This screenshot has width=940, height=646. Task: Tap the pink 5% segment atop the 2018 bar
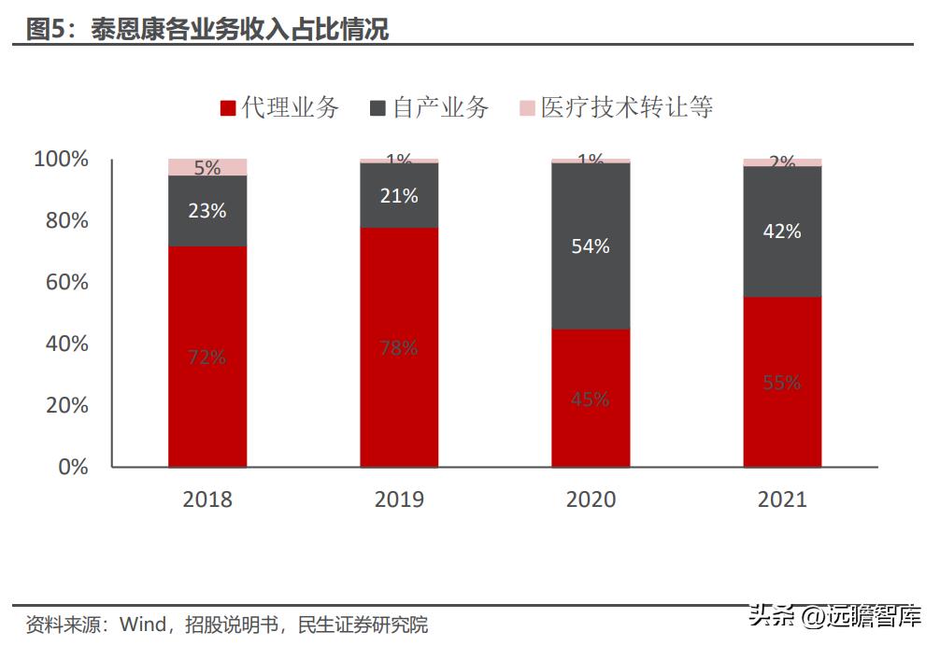207,167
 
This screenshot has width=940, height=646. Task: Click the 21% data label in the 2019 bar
399,196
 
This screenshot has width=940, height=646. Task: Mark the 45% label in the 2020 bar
591,400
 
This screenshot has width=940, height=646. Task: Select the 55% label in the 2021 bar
782,382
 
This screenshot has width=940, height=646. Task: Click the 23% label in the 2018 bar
207,211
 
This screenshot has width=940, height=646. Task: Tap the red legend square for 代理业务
227,108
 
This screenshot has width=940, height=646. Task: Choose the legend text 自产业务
440,107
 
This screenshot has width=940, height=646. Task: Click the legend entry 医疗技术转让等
626,107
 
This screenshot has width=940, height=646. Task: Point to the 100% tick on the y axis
62,160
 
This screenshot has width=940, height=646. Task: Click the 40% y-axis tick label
66,344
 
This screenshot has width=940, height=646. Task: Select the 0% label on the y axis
73,467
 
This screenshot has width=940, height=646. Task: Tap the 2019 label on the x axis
399,499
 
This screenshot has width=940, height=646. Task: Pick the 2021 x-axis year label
782,499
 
